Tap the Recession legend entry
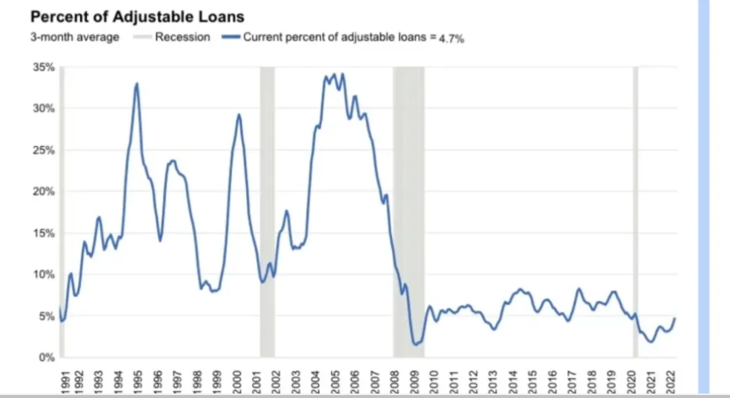pos(182,37)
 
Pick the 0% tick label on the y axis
pos(47,358)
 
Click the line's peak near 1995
pos(136,84)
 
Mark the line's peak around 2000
pos(239,114)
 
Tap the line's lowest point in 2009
pos(416,345)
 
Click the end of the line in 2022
pos(674,318)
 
